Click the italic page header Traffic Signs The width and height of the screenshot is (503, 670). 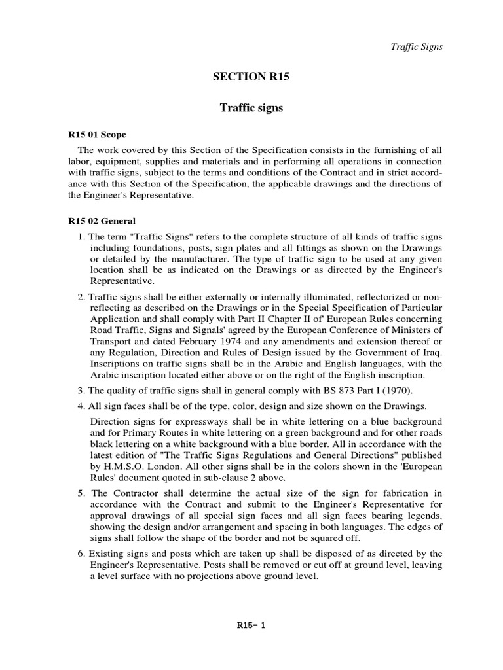(417, 46)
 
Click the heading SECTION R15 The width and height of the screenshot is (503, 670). (251, 77)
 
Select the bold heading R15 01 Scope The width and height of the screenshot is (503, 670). (98, 135)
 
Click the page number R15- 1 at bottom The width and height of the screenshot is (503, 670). (251, 625)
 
